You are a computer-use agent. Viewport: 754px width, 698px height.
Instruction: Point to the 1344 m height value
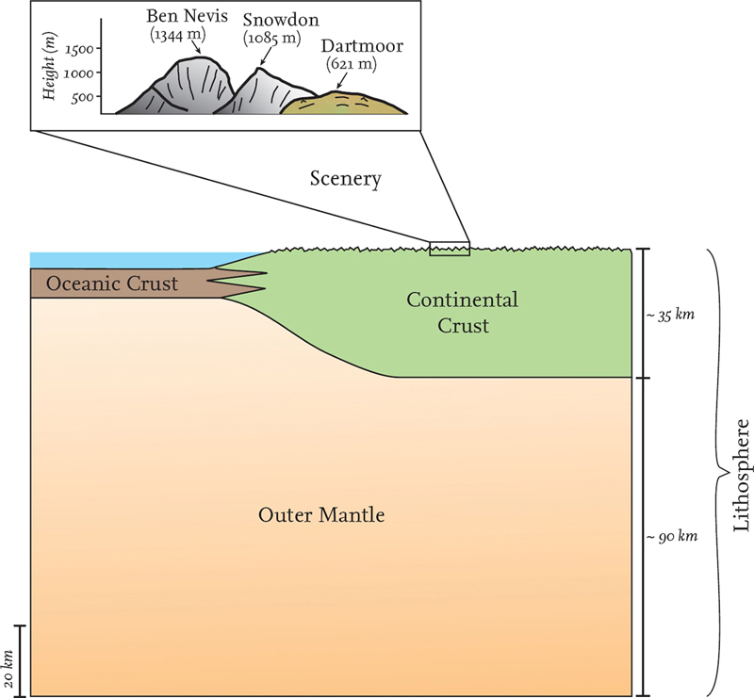pyautogui.click(x=183, y=37)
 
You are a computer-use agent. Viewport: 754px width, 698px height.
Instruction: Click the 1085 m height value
pyautogui.click(x=272, y=41)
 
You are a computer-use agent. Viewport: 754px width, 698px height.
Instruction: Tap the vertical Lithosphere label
pyautogui.click(x=740, y=474)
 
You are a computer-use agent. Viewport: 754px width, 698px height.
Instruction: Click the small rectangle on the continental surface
pyautogui.click(x=449, y=249)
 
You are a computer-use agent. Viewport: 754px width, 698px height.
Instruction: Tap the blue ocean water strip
pyautogui.click(x=141, y=259)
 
